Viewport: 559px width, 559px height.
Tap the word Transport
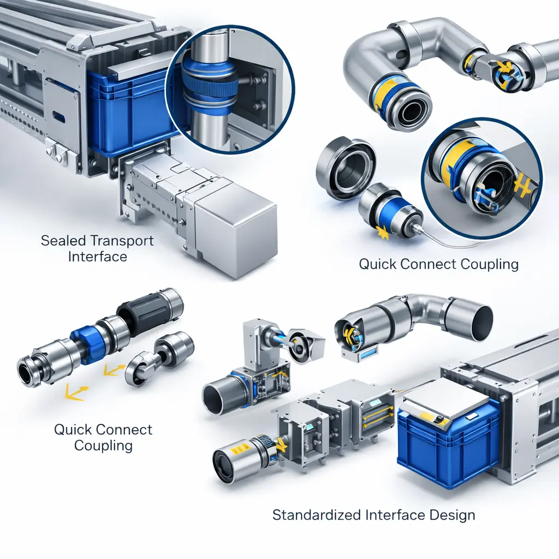(121, 241)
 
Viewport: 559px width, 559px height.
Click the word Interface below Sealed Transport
(97, 257)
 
